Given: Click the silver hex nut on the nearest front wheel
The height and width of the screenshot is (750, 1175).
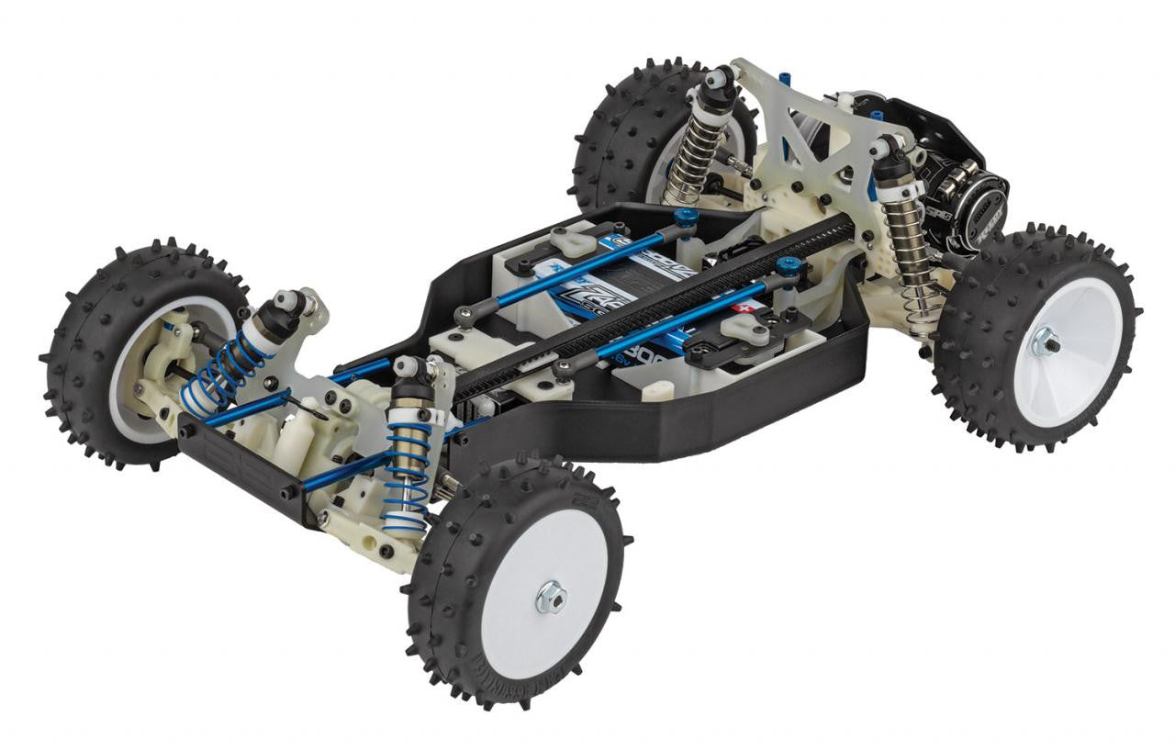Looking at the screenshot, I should (551, 598).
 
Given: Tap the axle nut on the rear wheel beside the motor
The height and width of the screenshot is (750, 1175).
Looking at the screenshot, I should (1046, 341).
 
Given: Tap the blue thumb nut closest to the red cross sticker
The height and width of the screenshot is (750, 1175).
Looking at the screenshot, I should (786, 267).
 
